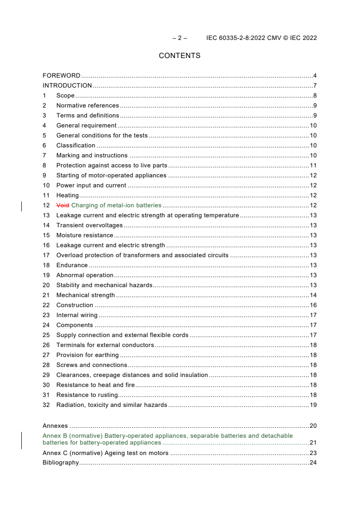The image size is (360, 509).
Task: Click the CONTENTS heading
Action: (179, 56)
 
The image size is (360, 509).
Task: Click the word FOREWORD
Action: (61, 76)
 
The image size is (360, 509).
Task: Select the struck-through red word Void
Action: (63, 206)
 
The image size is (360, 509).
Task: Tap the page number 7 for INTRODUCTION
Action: (315, 86)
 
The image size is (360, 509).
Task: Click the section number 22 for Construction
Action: (46, 305)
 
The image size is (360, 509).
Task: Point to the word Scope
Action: (65, 96)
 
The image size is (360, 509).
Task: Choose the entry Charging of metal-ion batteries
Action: (116, 206)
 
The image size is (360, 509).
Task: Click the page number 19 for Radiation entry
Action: (313, 405)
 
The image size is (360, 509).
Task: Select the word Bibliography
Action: (60, 463)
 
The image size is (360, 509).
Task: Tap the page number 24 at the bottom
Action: (313, 463)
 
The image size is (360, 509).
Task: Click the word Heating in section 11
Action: (67, 196)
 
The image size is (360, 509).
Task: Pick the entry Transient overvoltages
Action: (89, 225)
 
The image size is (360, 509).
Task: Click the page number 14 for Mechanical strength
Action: (313, 295)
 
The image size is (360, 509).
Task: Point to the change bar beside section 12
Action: (22, 206)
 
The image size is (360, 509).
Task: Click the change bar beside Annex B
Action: (22, 440)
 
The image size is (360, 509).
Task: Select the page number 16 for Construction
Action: (313, 305)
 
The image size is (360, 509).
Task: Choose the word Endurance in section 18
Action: (72, 265)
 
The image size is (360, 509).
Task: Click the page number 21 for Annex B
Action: (313, 443)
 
